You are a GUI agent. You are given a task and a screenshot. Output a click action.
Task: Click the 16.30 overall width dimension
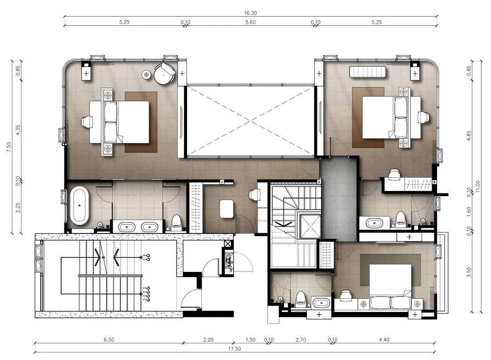pyautogui.click(x=251, y=13)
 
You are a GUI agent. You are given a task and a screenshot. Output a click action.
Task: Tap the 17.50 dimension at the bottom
pyautogui.click(x=234, y=349)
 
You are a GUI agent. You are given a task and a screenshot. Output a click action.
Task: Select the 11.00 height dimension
pyautogui.click(x=477, y=187)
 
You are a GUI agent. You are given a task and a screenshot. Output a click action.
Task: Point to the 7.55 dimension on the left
pyautogui.click(x=9, y=147)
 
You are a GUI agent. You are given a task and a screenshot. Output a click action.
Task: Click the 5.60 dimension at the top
pyautogui.click(x=251, y=22)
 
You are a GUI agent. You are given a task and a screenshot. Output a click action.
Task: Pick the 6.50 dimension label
pyautogui.click(x=109, y=340)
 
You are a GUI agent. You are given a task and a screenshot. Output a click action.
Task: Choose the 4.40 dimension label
pyautogui.click(x=384, y=340)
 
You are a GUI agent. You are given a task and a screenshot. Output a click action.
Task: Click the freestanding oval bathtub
pyautogui.click(x=79, y=205)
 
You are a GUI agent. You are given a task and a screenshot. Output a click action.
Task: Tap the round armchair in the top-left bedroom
pyautogui.click(x=164, y=74)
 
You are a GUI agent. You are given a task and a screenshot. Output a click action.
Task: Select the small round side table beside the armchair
pyautogui.click(x=146, y=74)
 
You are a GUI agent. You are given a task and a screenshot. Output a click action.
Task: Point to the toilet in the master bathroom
pyautogui.click(x=177, y=222)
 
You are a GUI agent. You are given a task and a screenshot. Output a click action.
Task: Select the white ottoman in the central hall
pyautogui.click(x=226, y=209)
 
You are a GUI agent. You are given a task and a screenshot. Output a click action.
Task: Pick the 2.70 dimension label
pyautogui.click(x=301, y=340)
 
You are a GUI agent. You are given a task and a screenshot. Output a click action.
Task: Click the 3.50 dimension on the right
pyautogui.click(x=469, y=272)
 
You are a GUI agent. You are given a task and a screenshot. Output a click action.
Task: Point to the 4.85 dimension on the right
pyautogui.click(x=469, y=135)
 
